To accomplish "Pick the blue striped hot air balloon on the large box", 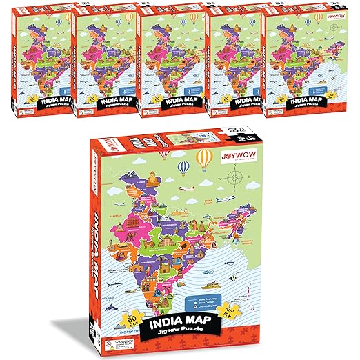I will (x=184, y=168).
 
